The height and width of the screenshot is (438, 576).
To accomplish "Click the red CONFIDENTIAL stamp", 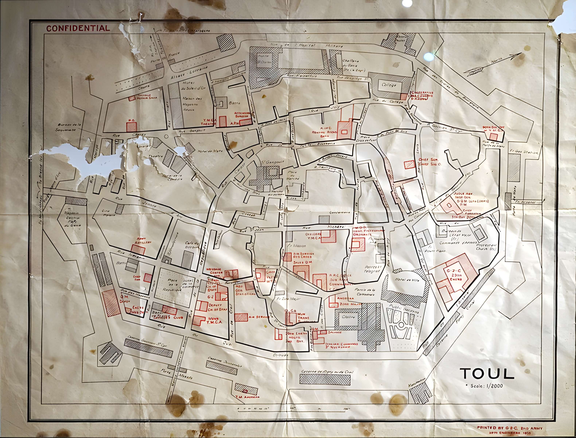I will click(x=78, y=28).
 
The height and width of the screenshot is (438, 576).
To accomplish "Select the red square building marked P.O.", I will click(x=131, y=127).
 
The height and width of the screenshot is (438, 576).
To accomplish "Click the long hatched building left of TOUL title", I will click(x=325, y=379).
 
